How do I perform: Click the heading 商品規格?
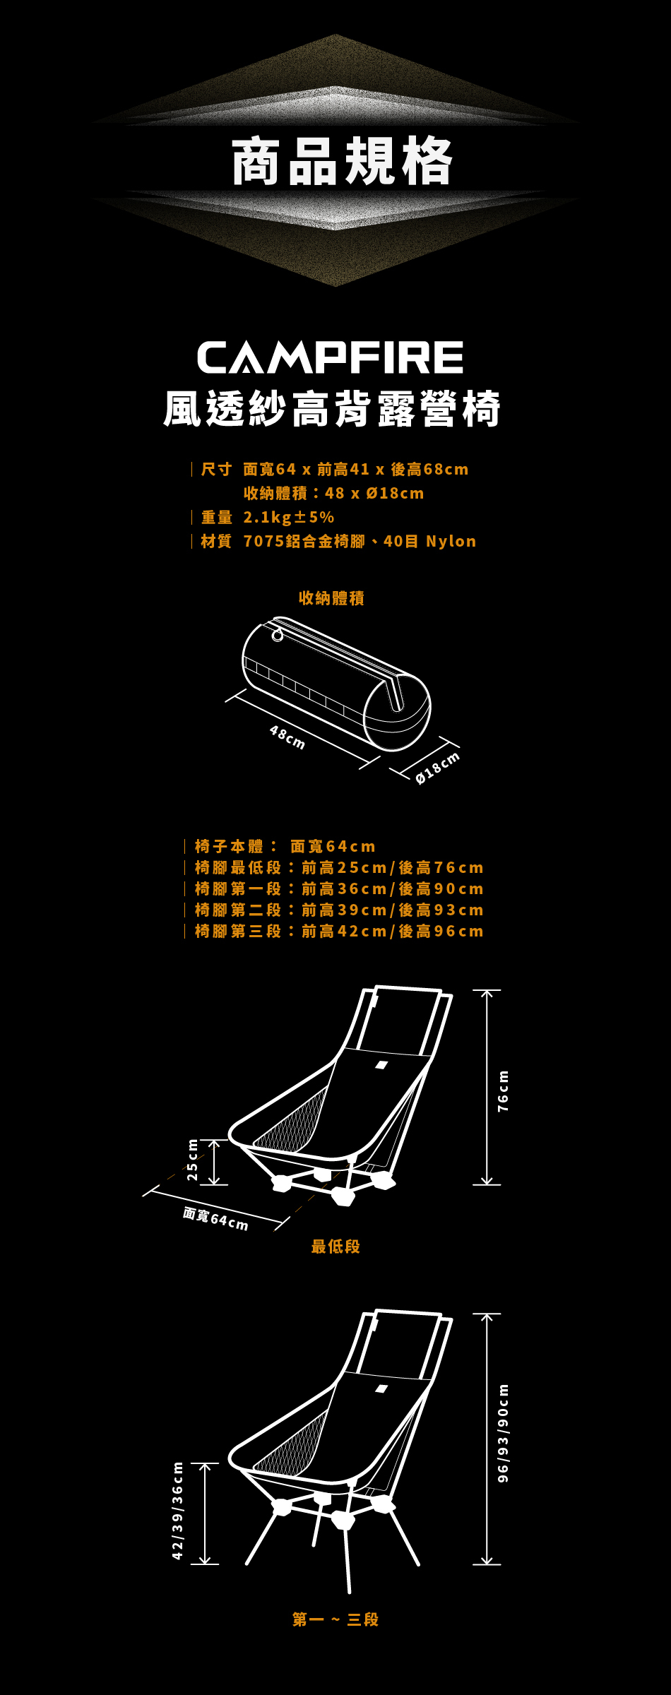click(342, 162)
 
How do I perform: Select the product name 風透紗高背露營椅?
click(332, 409)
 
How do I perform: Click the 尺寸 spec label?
click(216, 469)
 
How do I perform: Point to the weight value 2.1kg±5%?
click(289, 517)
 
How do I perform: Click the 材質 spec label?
click(216, 541)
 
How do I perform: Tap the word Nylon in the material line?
click(451, 541)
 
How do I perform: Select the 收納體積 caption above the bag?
click(331, 598)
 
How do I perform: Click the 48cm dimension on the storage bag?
click(287, 737)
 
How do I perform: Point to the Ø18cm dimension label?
click(438, 767)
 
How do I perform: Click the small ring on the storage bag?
click(278, 636)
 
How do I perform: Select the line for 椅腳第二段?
click(339, 910)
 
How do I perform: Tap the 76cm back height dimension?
click(503, 1091)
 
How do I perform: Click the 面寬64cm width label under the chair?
click(215, 1218)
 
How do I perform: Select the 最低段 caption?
click(335, 1247)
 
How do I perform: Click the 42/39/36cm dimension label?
click(178, 1511)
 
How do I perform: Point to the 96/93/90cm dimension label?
click(503, 1434)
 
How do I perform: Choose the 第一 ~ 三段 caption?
click(335, 1619)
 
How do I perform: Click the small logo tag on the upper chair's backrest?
click(381, 1065)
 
